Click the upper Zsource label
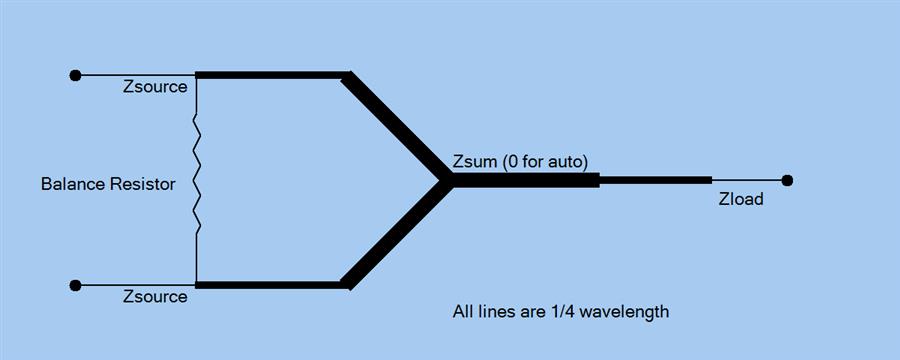coord(155,87)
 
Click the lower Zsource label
coord(155,297)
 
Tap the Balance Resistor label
coord(108,184)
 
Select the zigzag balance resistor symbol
coord(196,180)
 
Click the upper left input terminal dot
coord(75,75)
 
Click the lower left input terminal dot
coord(75,285)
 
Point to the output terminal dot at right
coord(788,180)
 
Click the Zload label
coord(741,199)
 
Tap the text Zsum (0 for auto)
coord(520,161)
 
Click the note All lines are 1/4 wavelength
coord(561,312)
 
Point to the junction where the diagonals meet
coord(446,180)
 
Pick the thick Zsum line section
coord(525,180)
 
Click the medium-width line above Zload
coord(655,180)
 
